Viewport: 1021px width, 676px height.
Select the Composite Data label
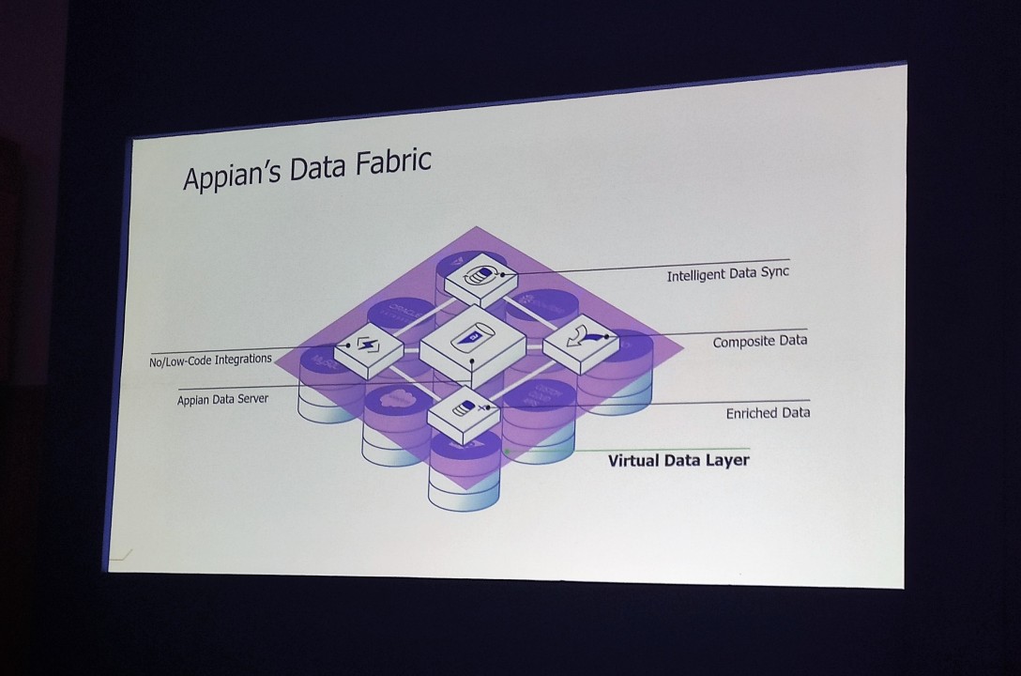coord(759,342)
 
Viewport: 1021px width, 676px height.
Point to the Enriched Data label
coord(768,412)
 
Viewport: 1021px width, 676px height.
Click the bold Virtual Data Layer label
coord(678,460)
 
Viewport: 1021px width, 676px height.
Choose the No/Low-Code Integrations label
coord(210,360)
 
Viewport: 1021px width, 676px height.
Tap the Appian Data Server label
coord(222,399)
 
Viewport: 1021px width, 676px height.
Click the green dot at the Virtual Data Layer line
coord(507,452)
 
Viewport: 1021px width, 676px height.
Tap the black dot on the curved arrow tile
coord(607,335)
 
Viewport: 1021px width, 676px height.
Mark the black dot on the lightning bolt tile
coord(348,345)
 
